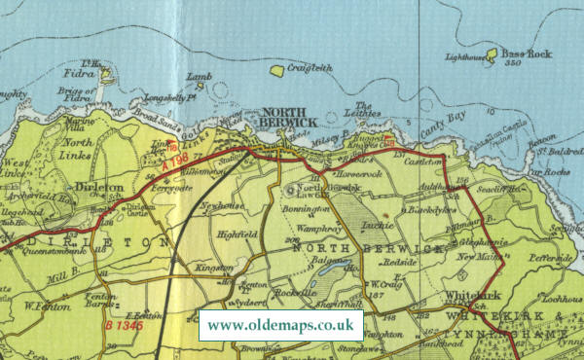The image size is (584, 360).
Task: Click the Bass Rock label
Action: coord(527,54)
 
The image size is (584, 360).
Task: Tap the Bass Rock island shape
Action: coord(491,54)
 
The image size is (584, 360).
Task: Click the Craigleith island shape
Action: coord(276,71)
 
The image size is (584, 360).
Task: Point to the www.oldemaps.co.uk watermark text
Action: coord(281,325)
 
